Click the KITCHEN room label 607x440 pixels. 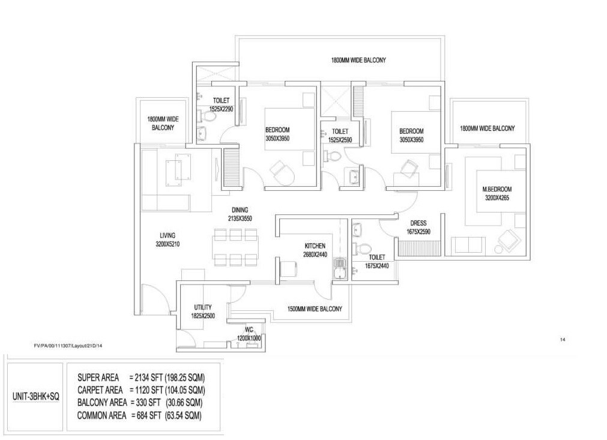click(315, 246)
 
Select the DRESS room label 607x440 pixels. click(418, 223)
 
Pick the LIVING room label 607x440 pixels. click(168, 235)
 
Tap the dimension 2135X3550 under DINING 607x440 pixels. click(240, 218)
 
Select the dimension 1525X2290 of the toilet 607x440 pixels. click(221, 109)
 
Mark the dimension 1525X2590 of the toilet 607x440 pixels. click(340, 139)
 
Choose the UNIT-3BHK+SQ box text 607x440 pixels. click(36, 397)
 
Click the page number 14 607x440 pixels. click(563, 340)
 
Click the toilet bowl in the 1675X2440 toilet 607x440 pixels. click(364, 247)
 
